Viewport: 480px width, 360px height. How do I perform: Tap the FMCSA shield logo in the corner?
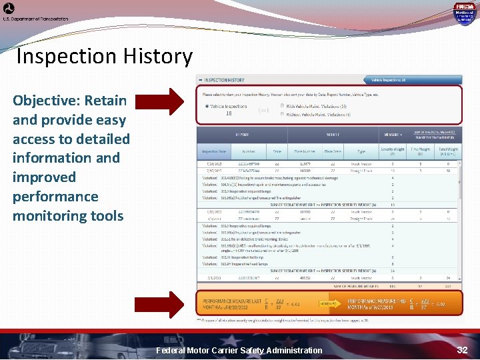point(464,13)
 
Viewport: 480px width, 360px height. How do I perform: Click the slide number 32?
point(463,349)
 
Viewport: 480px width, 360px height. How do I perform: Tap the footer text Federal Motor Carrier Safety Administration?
point(239,351)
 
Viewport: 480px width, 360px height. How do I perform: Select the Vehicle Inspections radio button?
point(207,106)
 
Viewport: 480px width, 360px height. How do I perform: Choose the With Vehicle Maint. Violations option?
point(282,106)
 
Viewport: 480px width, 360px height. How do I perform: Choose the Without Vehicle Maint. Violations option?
point(282,114)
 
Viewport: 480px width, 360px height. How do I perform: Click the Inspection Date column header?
point(214,151)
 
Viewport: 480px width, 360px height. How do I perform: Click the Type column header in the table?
point(361,151)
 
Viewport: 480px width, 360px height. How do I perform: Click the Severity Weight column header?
point(393,151)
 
